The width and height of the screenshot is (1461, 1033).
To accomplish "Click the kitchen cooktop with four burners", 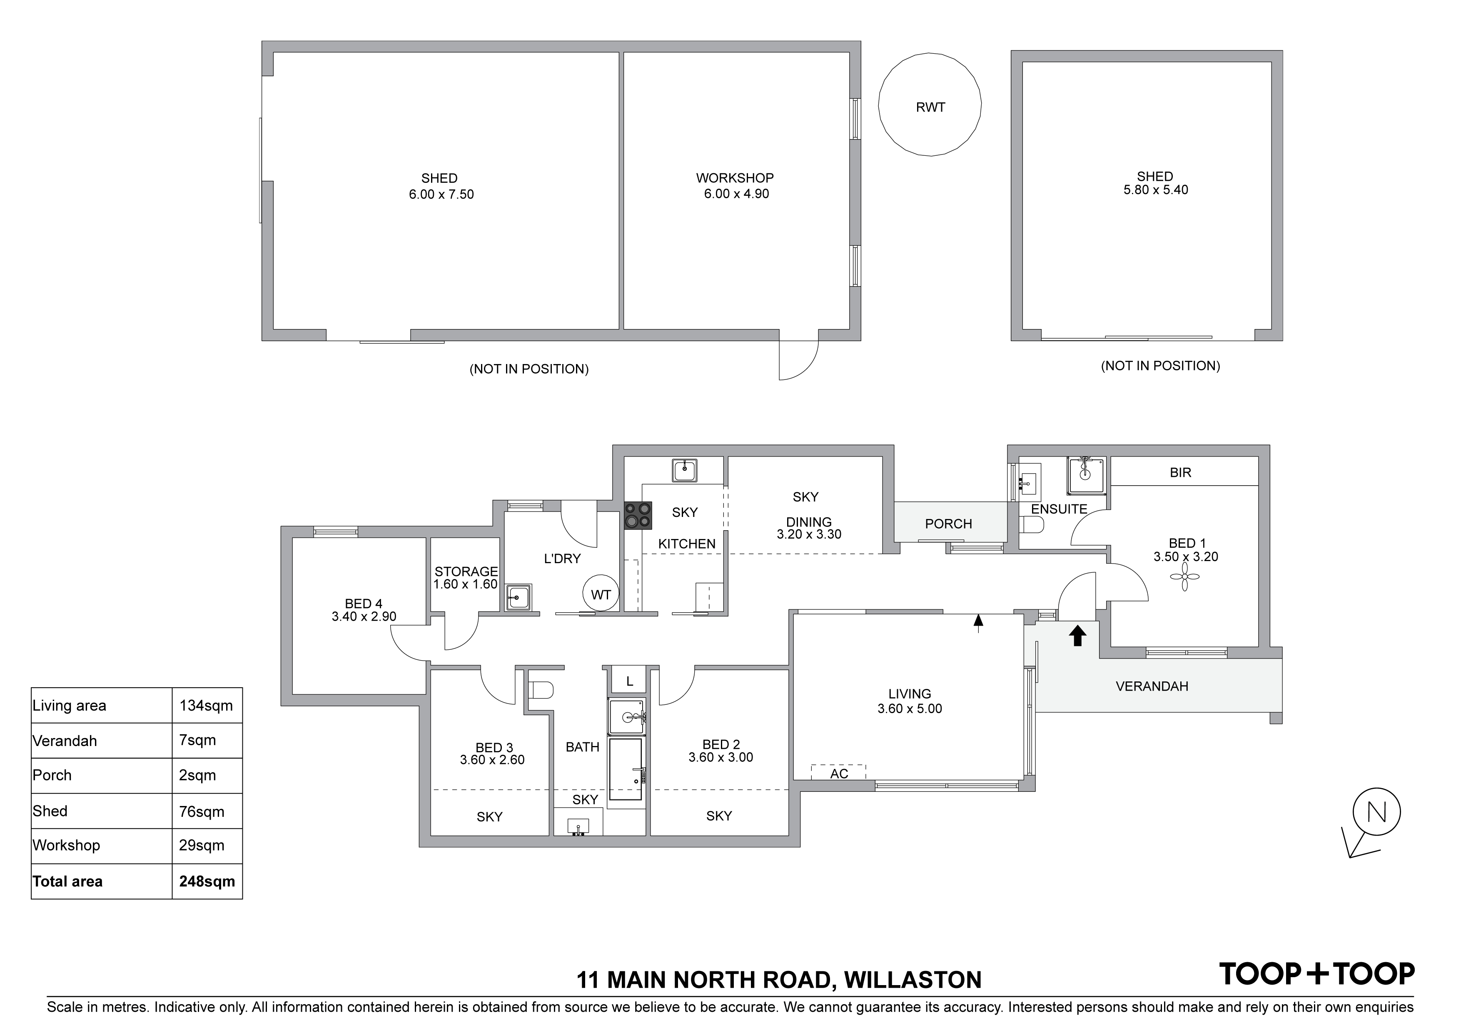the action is tap(638, 516).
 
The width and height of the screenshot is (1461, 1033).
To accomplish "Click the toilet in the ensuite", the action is tap(1032, 526).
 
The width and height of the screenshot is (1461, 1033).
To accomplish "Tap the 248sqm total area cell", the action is tap(207, 881).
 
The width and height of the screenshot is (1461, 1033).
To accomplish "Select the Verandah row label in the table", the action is tap(65, 741).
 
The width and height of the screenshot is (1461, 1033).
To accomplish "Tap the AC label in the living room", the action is tap(839, 774).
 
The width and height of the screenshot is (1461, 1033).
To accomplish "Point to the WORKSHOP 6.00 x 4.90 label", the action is tap(735, 186).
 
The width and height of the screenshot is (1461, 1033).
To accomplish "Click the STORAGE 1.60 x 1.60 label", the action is tap(466, 578).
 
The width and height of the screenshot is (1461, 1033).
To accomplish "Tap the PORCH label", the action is tap(948, 524).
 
